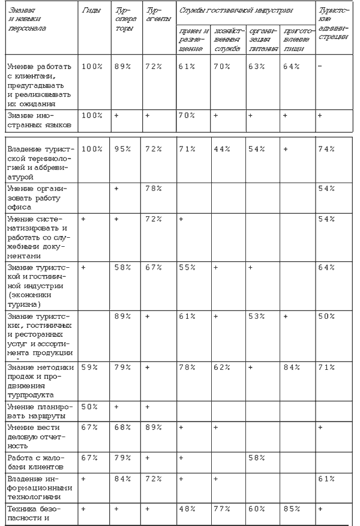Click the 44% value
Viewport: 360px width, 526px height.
[222, 148]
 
